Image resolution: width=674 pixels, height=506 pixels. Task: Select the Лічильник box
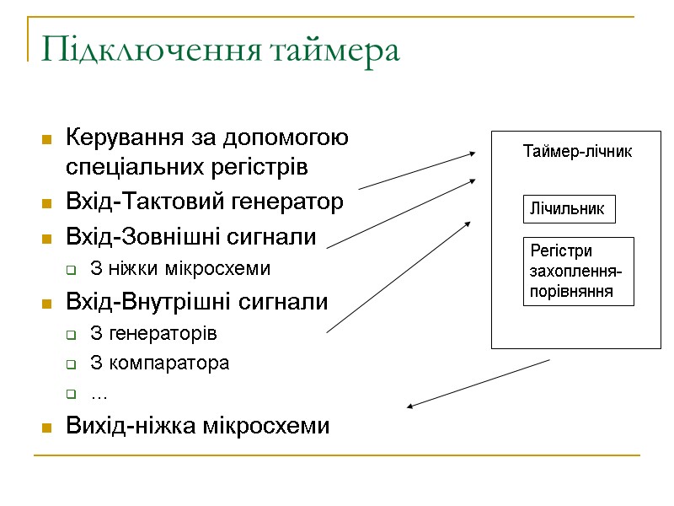coord(569,209)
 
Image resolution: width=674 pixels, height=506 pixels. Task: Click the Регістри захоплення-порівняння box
coord(577,272)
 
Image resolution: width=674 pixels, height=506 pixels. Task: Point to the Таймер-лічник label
coord(577,153)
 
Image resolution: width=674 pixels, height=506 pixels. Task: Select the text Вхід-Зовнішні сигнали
coord(190,236)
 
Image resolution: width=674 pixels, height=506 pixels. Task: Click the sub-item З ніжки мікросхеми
coord(180,269)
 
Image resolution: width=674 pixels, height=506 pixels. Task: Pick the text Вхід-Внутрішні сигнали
coord(196,301)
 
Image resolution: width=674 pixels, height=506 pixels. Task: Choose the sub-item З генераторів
coord(152,333)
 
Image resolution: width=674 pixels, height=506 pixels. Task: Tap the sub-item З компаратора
coord(158,363)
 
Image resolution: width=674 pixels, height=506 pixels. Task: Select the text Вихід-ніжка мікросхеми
coord(197,426)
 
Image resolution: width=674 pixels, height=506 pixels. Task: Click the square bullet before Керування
coord(46,138)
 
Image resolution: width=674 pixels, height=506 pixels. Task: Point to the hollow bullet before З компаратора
coord(72,365)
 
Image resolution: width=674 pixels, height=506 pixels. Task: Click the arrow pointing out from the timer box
coord(478,385)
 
